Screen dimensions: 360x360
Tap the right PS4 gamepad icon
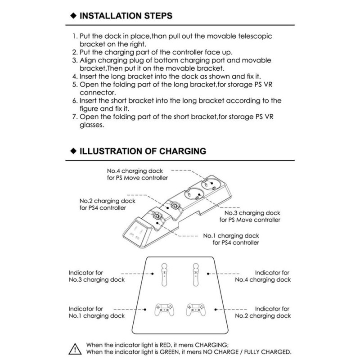195,310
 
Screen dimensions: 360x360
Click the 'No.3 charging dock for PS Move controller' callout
250,216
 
